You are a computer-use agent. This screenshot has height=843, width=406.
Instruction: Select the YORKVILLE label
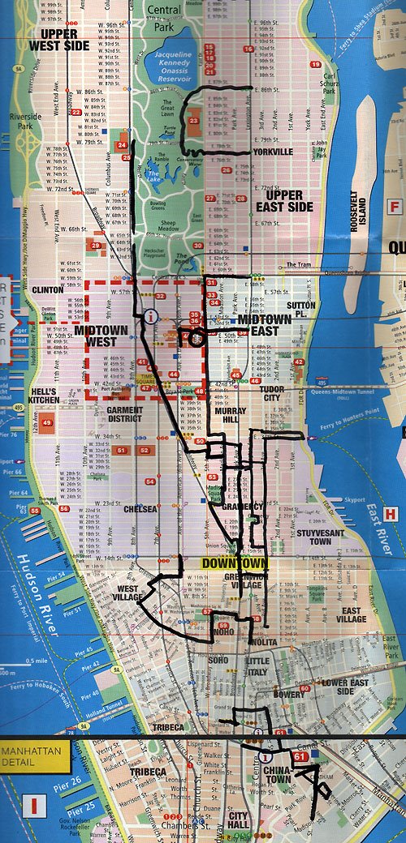click(x=272, y=152)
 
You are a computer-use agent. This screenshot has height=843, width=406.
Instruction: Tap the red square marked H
click(x=391, y=513)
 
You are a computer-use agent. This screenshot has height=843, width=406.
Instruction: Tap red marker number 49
click(x=47, y=422)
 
